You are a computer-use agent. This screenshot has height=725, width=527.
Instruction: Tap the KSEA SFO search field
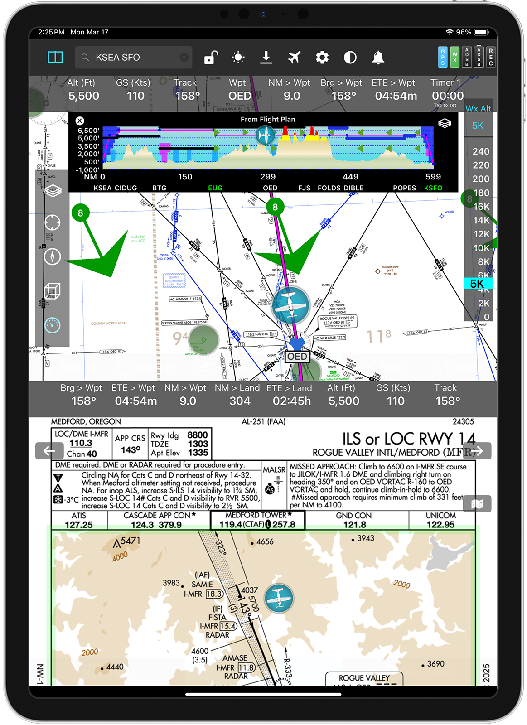(131, 58)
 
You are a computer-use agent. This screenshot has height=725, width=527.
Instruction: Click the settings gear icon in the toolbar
(322, 58)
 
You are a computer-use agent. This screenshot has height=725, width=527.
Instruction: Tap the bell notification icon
(378, 58)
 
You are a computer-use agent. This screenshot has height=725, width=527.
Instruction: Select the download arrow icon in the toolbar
(266, 58)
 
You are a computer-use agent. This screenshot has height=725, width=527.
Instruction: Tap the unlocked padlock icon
(211, 58)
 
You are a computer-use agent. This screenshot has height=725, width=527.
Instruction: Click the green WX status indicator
(454, 58)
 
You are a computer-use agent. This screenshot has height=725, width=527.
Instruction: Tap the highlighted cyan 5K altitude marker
(478, 284)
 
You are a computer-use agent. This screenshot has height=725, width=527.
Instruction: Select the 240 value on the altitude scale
(480, 151)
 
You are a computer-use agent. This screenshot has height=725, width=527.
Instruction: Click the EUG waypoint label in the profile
(215, 188)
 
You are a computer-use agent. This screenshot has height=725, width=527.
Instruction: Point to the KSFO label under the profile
(433, 188)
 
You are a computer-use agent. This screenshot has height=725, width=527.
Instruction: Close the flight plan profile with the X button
(80, 121)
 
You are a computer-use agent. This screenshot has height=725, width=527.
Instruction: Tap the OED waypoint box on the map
(297, 357)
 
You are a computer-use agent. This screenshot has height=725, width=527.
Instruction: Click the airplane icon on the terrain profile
(265, 135)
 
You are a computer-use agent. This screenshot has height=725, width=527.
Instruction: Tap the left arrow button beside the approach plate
(49, 451)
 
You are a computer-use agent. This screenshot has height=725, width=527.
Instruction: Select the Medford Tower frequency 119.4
(230, 525)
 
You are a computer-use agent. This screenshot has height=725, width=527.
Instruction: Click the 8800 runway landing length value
(197, 435)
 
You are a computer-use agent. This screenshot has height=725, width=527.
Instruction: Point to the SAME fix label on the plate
(202, 585)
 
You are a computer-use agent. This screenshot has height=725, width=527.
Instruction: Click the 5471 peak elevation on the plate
(130, 541)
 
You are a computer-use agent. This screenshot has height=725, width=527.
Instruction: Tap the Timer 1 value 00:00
(447, 96)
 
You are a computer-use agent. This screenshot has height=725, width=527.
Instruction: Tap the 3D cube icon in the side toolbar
(52, 291)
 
